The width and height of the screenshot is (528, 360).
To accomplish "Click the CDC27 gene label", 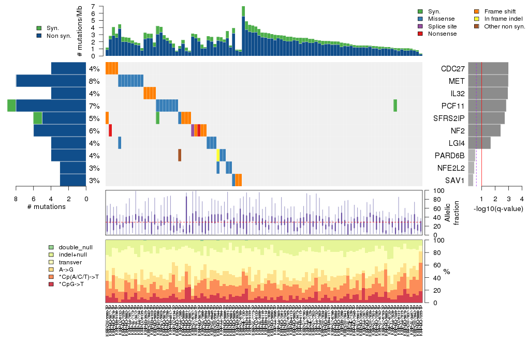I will [x=452, y=69].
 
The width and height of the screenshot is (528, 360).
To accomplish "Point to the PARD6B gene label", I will [x=450, y=156].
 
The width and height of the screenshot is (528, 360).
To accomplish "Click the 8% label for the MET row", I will [x=94, y=81].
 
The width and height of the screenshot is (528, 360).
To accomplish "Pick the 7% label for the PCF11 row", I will [x=94, y=106].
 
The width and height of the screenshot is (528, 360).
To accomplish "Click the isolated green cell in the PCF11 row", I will [x=395, y=106].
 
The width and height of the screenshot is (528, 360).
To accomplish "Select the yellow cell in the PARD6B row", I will [x=218, y=155].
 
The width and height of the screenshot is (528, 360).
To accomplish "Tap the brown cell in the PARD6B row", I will [x=180, y=155].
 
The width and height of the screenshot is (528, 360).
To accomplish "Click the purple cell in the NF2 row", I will [x=193, y=130].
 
